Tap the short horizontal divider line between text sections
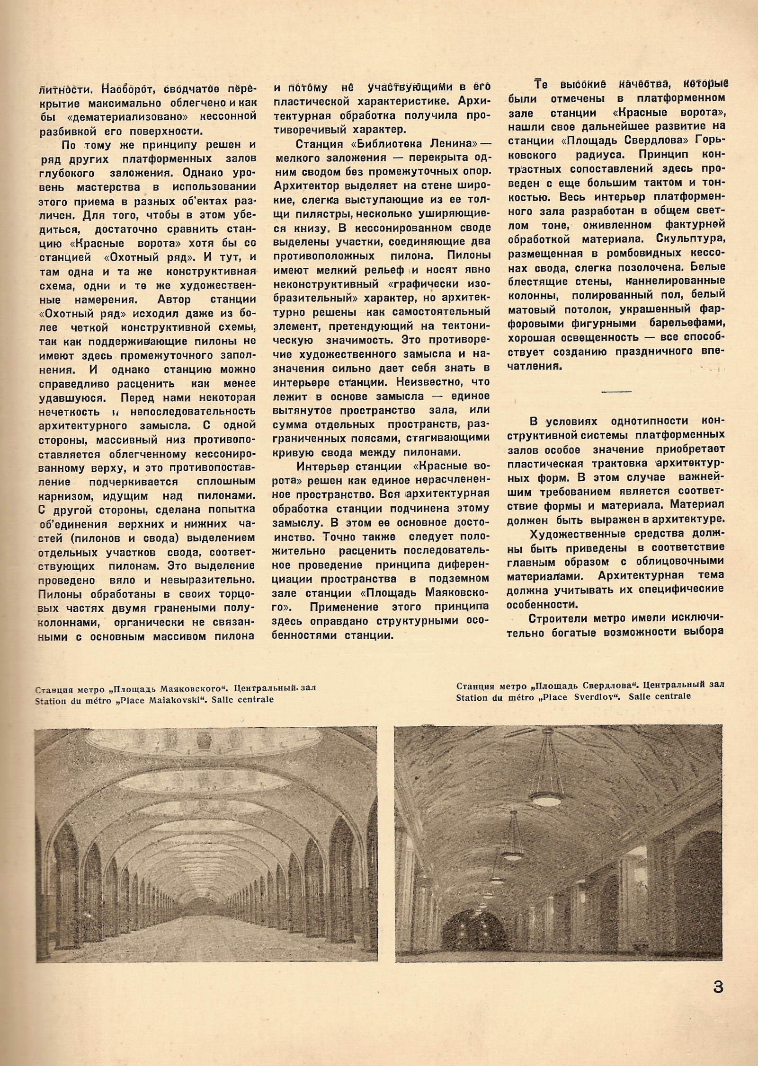click(616, 391)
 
